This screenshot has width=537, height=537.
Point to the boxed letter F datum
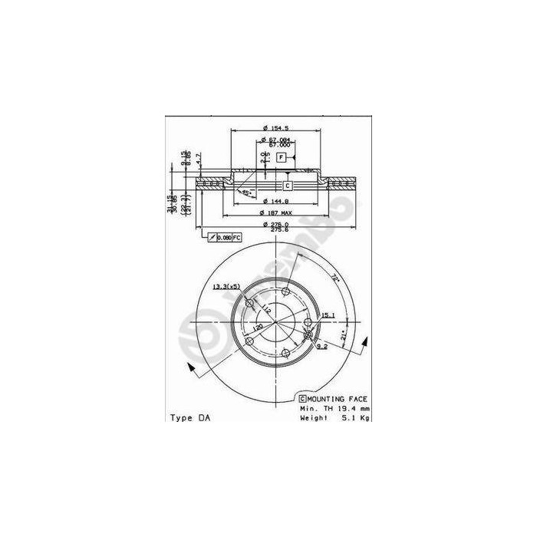282,157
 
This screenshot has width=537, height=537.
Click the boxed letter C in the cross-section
288,186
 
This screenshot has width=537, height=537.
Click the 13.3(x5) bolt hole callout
226,286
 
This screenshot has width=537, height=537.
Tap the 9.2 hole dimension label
322,348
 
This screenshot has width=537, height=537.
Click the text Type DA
188,419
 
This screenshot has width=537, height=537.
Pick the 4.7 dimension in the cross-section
198,159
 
